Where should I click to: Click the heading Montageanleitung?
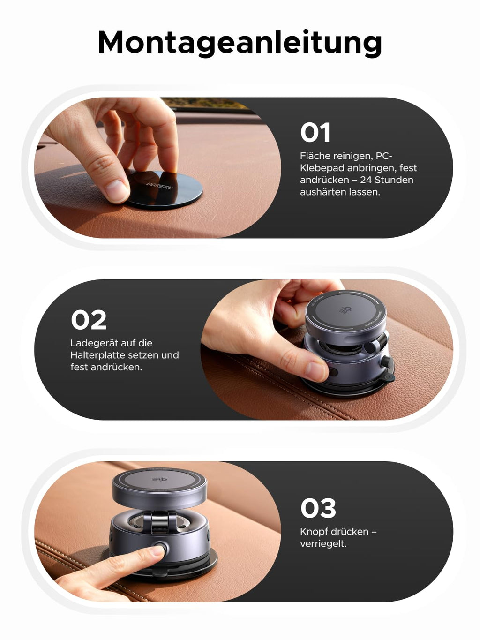pyautogui.click(x=240, y=43)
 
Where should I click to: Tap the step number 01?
pyautogui.click(x=315, y=132)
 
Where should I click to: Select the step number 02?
pyautogui.click(x=89, y=320)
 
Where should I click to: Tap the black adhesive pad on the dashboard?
pyautogui.click(x=164, y=189)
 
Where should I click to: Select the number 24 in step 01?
pyautogui.click(x=366, y=180)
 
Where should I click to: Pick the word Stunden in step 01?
pyautogui.click(x=394, y=180)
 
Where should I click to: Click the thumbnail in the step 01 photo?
pyautogui.click(x=116, y=191)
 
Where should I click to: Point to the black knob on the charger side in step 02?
pyautogui.click(x=386, y=361)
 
